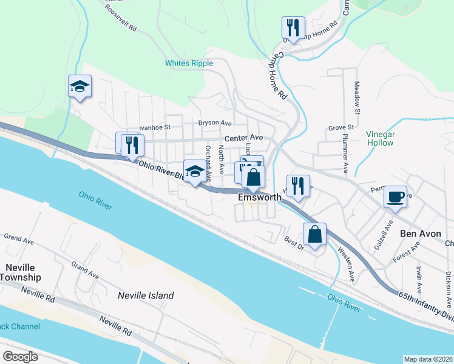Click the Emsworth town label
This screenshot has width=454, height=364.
259,197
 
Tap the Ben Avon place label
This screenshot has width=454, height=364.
419,233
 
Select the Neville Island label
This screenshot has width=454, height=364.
145,296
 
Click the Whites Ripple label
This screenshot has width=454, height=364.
189,63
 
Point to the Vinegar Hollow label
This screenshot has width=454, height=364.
381,138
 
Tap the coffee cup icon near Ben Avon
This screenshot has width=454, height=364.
395,197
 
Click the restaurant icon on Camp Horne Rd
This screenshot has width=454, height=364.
293,28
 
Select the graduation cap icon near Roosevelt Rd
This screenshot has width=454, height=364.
80,86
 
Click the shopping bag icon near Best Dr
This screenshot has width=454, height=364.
314,234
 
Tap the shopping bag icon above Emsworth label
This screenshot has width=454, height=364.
254,177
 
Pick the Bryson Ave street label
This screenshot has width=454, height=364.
215,123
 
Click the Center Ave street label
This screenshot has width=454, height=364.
243,138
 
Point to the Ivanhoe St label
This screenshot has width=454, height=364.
155,127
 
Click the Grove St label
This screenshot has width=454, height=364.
341,128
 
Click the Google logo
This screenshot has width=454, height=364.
20,356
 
